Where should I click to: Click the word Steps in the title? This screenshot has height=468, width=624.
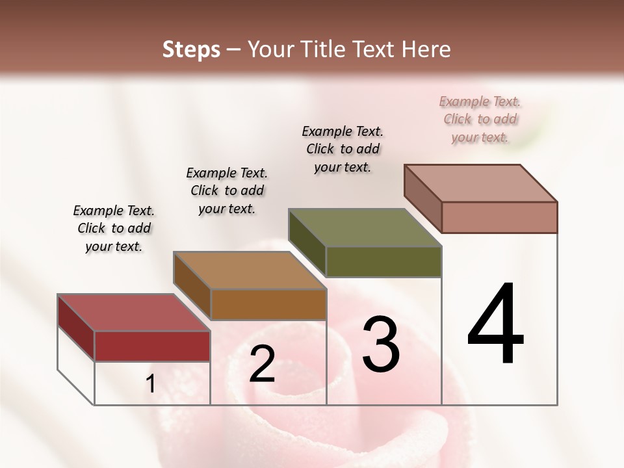(x=191, y=49)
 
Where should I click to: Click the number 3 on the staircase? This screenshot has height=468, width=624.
(x=380, y=344)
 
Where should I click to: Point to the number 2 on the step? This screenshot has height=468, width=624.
(x=262, y=364)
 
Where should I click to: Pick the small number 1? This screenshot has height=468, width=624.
(x=151, y=384)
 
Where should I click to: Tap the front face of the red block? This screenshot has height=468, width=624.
(x=152, y=346)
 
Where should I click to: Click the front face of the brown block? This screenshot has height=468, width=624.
(x=268, y=304)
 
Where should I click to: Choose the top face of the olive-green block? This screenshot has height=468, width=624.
(x=365, y=227)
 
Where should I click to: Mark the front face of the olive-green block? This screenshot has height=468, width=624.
(x=383, y=261)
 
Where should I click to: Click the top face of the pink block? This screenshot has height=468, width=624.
(x=480, y=183)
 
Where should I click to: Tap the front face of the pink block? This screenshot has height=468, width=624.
(x=499, y=217)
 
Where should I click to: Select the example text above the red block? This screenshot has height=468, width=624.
(x=114, y=229)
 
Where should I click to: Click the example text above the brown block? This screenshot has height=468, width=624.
(x=227, y=190)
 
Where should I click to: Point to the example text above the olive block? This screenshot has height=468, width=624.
(x=343, y=149)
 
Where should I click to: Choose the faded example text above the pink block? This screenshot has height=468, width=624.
(x=480, y=119)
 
